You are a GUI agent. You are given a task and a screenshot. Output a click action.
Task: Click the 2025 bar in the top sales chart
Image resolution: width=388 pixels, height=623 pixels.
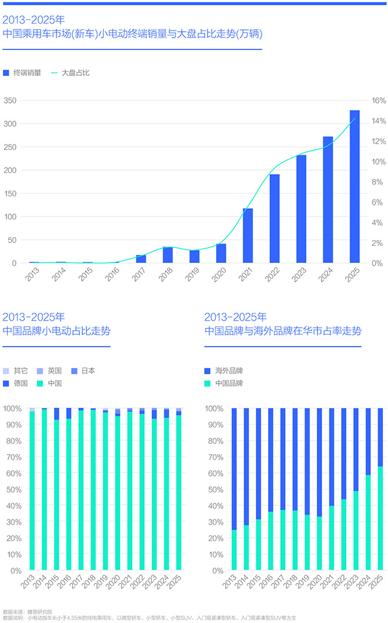354,186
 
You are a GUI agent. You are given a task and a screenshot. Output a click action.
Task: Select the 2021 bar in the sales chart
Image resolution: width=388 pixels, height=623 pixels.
248,235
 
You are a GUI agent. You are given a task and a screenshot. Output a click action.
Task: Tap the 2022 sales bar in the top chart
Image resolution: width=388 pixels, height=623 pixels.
275,218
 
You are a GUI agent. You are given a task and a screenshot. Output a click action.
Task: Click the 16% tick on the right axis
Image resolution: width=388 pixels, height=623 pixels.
379,101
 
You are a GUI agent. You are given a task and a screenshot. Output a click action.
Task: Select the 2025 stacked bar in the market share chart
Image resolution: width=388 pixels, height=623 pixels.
380,489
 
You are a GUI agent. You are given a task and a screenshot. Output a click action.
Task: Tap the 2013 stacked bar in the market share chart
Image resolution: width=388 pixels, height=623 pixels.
234,489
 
